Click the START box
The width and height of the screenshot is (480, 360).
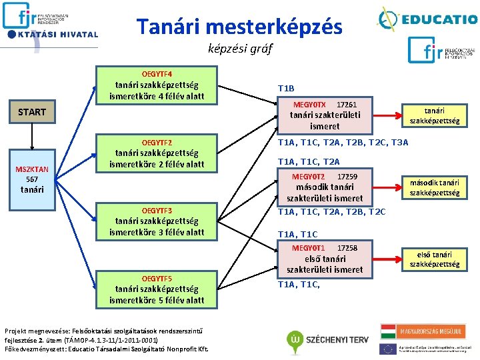32,112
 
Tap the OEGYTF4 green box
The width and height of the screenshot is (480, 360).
157,85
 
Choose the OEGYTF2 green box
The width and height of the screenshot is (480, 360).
157,154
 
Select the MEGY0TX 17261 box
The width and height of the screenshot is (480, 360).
325,115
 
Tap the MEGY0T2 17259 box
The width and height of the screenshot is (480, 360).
325,187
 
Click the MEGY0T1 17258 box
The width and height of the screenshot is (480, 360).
325,259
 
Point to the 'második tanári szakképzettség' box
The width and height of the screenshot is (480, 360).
435,187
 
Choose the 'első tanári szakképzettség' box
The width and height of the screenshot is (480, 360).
435,259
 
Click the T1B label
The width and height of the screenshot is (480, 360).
286,89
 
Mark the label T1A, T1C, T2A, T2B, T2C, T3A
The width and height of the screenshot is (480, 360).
343,143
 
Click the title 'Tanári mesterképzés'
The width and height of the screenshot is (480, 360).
239,27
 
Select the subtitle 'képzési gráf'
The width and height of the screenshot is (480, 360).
240,49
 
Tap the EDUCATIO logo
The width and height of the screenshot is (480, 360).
427,18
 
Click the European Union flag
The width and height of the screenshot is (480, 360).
387,348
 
